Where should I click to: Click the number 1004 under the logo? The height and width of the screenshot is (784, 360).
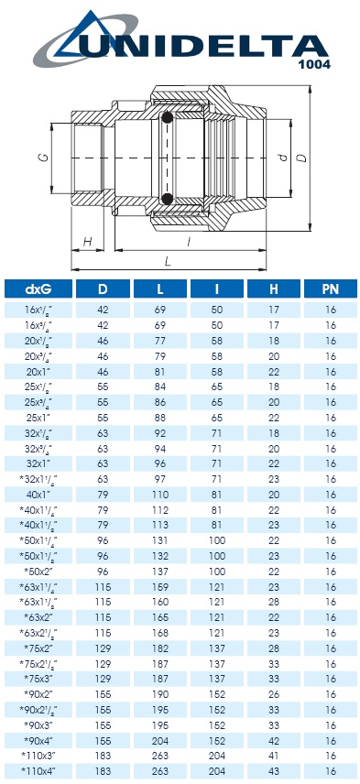click(314, 64)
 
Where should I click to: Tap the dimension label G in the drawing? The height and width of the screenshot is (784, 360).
click(43, 158)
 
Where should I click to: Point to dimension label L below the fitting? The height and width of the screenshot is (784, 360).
click(168, 260)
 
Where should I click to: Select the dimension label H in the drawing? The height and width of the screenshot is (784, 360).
click(87, 242)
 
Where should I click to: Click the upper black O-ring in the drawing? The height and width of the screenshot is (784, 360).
click(167, 118)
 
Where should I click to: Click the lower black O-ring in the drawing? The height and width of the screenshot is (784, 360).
click(167, 199)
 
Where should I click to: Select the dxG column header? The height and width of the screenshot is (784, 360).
click(38, 289)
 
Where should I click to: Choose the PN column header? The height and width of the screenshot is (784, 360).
click(331, 289)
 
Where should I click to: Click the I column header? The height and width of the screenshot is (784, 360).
click(217, 289)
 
